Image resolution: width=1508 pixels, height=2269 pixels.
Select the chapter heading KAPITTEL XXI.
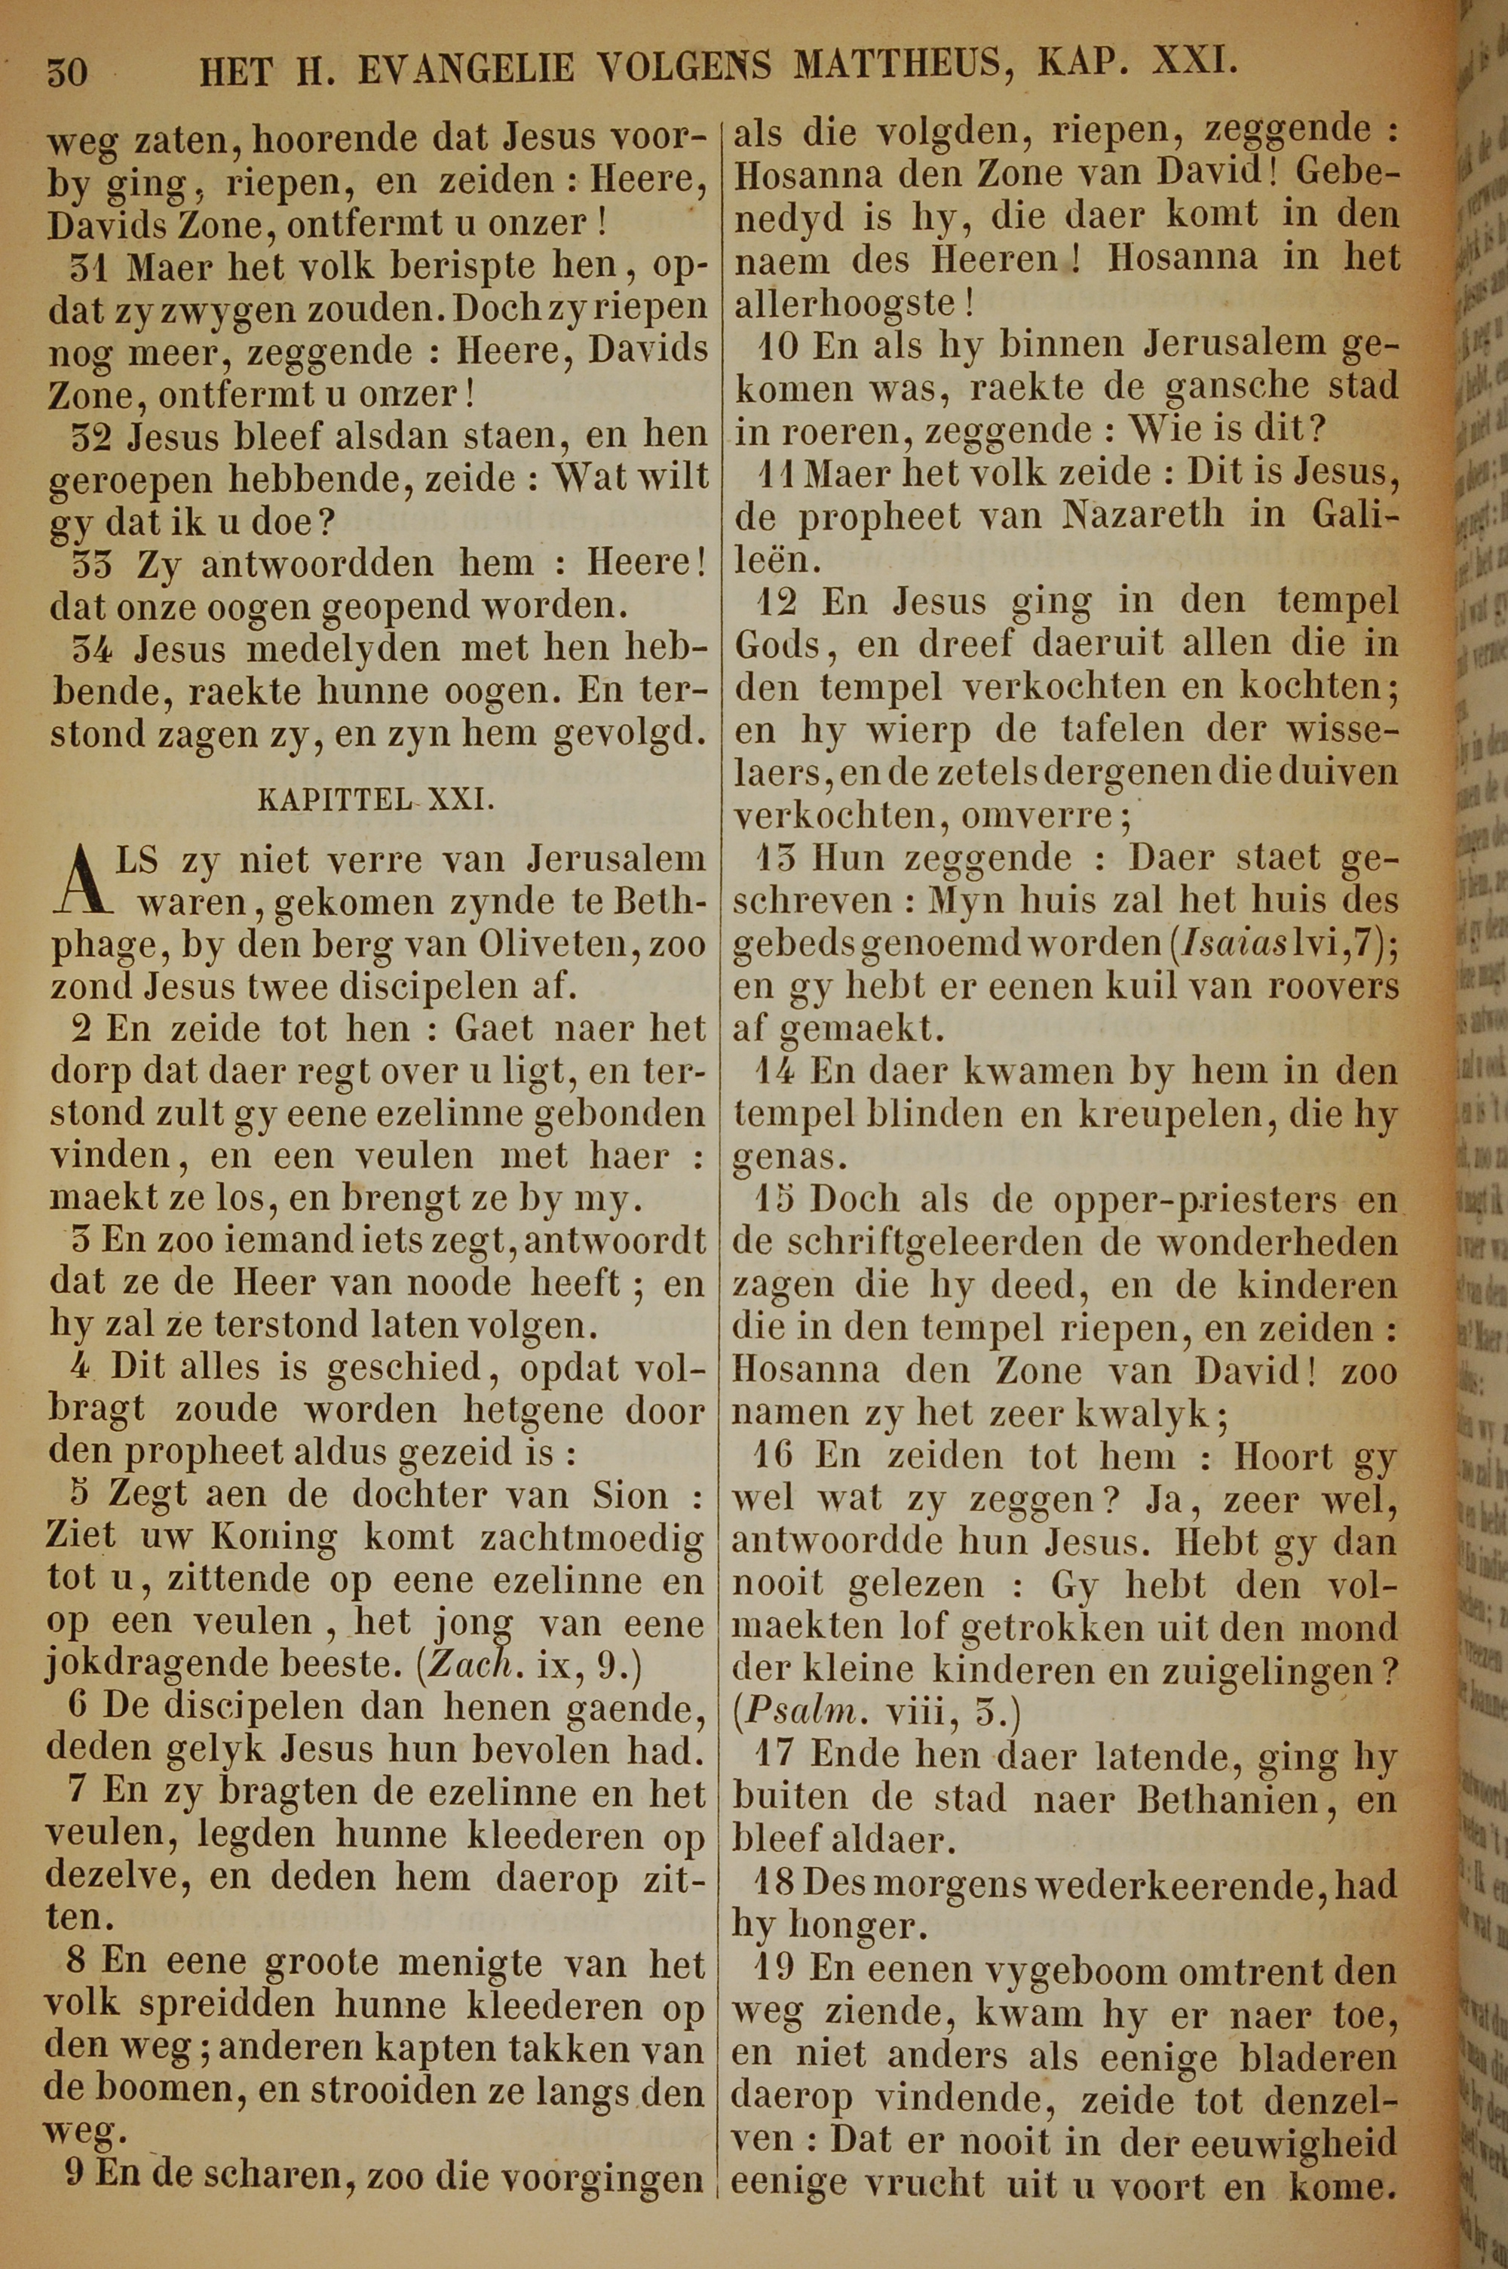[x=378, y=800]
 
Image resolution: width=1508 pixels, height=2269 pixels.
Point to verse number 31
[x=92, y=266]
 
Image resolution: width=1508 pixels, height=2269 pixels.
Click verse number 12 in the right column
[x=778, y=602]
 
